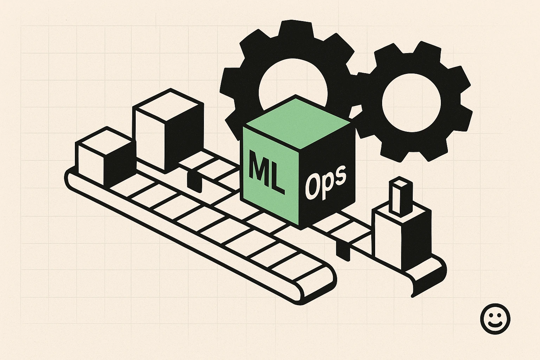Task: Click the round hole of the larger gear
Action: pos(293,84)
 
